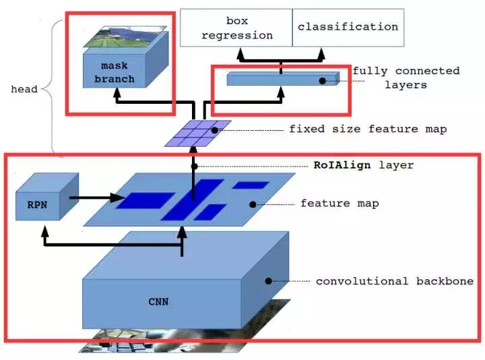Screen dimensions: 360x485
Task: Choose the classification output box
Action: [348, 28]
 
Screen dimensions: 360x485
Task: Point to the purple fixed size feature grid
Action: [198, 133]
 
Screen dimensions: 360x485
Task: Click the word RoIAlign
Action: [343, 165]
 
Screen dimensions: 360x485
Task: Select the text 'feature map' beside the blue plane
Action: [339, 203]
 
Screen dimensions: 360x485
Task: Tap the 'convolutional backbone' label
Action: [394, 280]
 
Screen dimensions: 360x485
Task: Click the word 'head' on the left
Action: [24, 89]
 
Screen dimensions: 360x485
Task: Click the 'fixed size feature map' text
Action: [367, 129]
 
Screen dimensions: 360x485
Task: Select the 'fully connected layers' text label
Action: [406, 78]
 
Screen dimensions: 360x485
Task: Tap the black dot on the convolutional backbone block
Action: [267, 280]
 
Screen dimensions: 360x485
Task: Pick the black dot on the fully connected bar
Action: [323, 81]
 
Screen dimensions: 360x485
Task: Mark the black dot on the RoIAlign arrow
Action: [193, 166]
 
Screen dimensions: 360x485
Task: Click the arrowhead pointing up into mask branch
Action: [118, 96]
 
